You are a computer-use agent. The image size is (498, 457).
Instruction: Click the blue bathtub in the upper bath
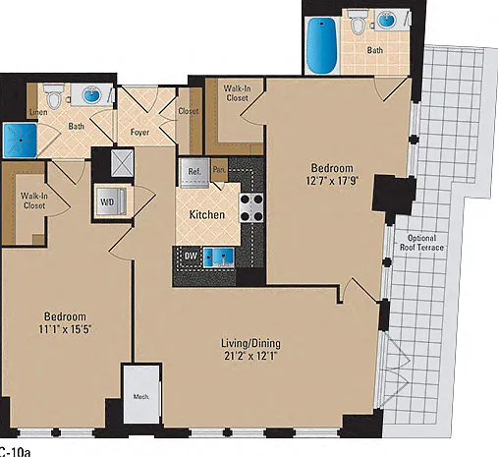pos(322,45)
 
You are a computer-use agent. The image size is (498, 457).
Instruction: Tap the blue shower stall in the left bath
pos(20,140)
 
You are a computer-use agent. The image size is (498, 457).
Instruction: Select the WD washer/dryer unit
pos(110,201)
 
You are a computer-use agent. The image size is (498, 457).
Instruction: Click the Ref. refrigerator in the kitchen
pos(194,173)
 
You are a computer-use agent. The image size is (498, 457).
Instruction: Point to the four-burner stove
pos(251,207)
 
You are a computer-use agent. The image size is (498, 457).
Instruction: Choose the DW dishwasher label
pos(191,256)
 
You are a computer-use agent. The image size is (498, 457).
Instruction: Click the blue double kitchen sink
pos(219,257)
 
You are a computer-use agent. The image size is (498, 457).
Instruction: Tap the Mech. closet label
pos(141,397)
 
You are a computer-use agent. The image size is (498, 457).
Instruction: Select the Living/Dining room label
pos(250,344)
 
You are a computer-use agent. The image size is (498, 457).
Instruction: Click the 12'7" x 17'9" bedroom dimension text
pos(332,181)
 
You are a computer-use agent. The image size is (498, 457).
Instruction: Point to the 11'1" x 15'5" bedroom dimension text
pos(65,329)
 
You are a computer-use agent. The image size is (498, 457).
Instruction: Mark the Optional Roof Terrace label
pos(421,243)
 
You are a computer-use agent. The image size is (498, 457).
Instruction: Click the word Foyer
pos(139,133)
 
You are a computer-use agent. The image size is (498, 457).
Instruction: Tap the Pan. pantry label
pos(219,170)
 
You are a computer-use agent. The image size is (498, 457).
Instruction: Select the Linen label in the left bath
pos(38,112)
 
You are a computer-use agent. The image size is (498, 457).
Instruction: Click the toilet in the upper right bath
pos(357,22)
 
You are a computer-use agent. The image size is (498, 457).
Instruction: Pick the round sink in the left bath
pos(92,95)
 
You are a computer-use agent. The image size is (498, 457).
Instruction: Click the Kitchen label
pos(207,215)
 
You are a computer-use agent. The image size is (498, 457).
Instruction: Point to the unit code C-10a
pos(15,452)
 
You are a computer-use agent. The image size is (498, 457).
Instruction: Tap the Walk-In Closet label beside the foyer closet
pos(237,93)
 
